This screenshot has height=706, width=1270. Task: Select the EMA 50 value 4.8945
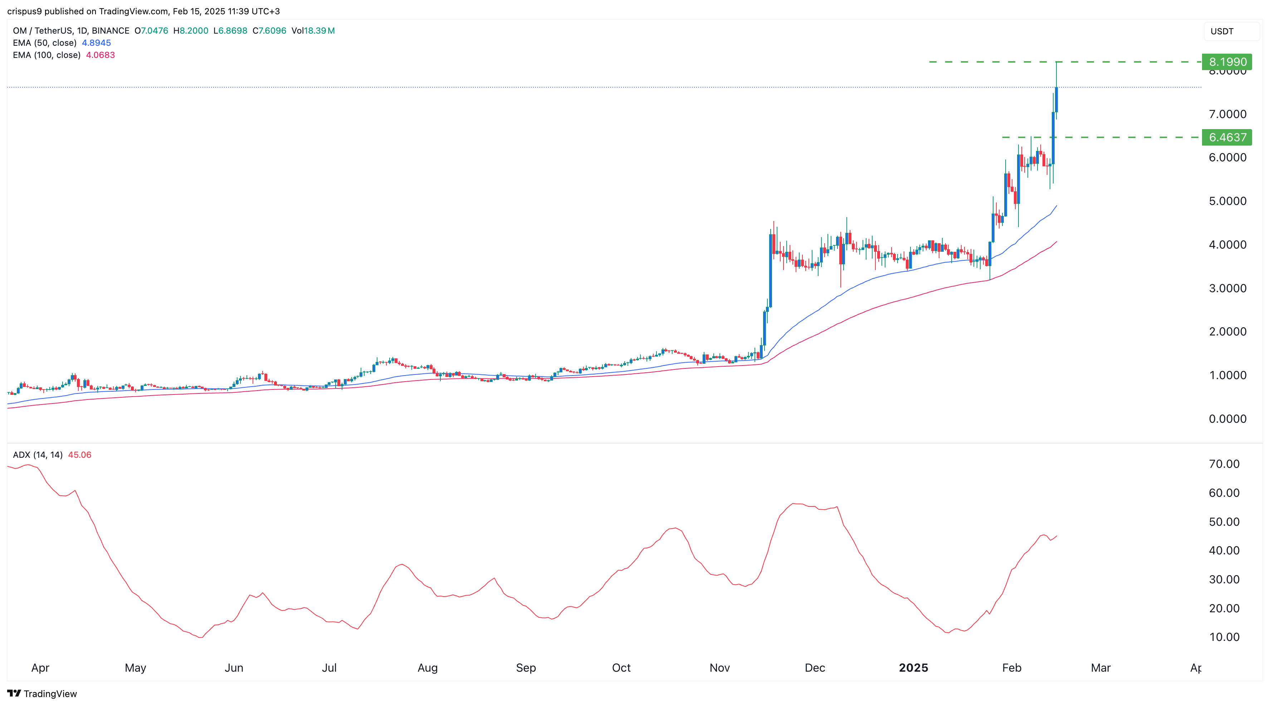96,43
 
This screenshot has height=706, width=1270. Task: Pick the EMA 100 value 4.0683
100,55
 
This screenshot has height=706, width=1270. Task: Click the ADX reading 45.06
79,455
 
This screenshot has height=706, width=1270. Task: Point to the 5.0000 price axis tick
1227,201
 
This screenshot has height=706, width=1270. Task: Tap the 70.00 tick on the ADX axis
1223,464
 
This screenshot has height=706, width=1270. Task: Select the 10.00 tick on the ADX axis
1223,637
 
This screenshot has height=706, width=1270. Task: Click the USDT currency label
1222,31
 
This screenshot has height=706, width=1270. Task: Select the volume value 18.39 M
319,30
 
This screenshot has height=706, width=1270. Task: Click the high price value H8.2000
191,30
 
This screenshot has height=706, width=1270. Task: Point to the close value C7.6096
269,30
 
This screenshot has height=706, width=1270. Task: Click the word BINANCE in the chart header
111,30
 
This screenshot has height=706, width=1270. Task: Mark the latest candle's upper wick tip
1056,62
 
